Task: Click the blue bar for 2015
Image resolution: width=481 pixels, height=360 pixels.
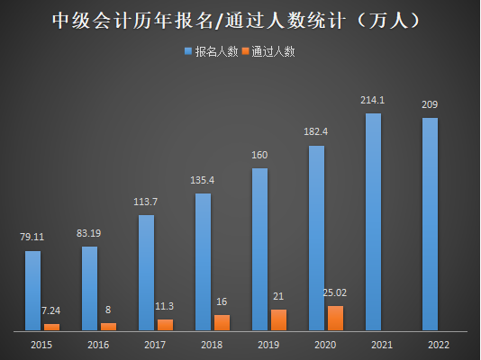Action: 32,290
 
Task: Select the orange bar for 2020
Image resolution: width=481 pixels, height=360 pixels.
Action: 335,318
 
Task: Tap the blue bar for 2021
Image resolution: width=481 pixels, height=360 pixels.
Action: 373,221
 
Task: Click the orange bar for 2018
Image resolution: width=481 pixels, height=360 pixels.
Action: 222,322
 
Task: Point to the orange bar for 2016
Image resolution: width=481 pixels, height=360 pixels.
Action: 108,326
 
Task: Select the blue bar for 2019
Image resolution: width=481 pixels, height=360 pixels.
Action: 259,248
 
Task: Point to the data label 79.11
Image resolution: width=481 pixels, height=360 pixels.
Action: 32,238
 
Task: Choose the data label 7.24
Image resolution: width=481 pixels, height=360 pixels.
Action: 51,310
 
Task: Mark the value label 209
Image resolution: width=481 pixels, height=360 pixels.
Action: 430,105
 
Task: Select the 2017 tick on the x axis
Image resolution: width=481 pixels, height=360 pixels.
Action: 155,344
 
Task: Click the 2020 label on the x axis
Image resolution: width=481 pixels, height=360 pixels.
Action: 325,344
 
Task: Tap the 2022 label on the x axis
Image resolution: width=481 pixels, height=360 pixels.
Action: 439,344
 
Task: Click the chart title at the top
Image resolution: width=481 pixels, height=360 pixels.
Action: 240,20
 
